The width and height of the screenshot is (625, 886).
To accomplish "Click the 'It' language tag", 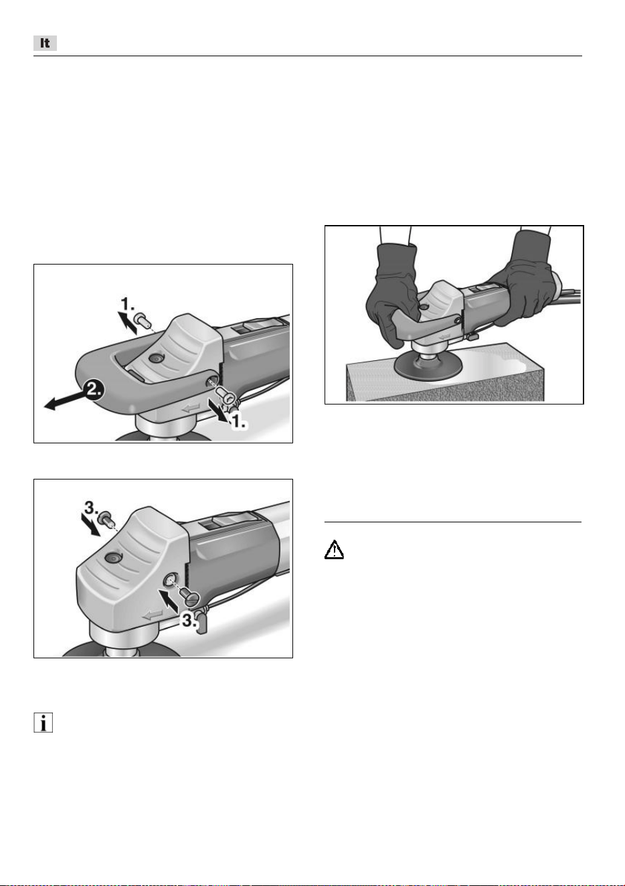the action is (x=45, y=43).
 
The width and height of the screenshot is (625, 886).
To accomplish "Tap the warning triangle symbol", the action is (x=334, y=549).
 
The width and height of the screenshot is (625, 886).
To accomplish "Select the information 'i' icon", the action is (x=43, y=723).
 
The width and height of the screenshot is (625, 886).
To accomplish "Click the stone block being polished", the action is (x=445, y=374).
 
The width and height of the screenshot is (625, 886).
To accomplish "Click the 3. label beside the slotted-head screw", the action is (x=189, y=621).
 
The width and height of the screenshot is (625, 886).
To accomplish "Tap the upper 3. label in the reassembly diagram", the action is (x=90, y=508).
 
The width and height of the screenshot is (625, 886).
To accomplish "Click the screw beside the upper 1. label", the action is (x=141, y=319).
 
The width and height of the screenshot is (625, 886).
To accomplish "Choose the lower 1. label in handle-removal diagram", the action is (x=240, y=423).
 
